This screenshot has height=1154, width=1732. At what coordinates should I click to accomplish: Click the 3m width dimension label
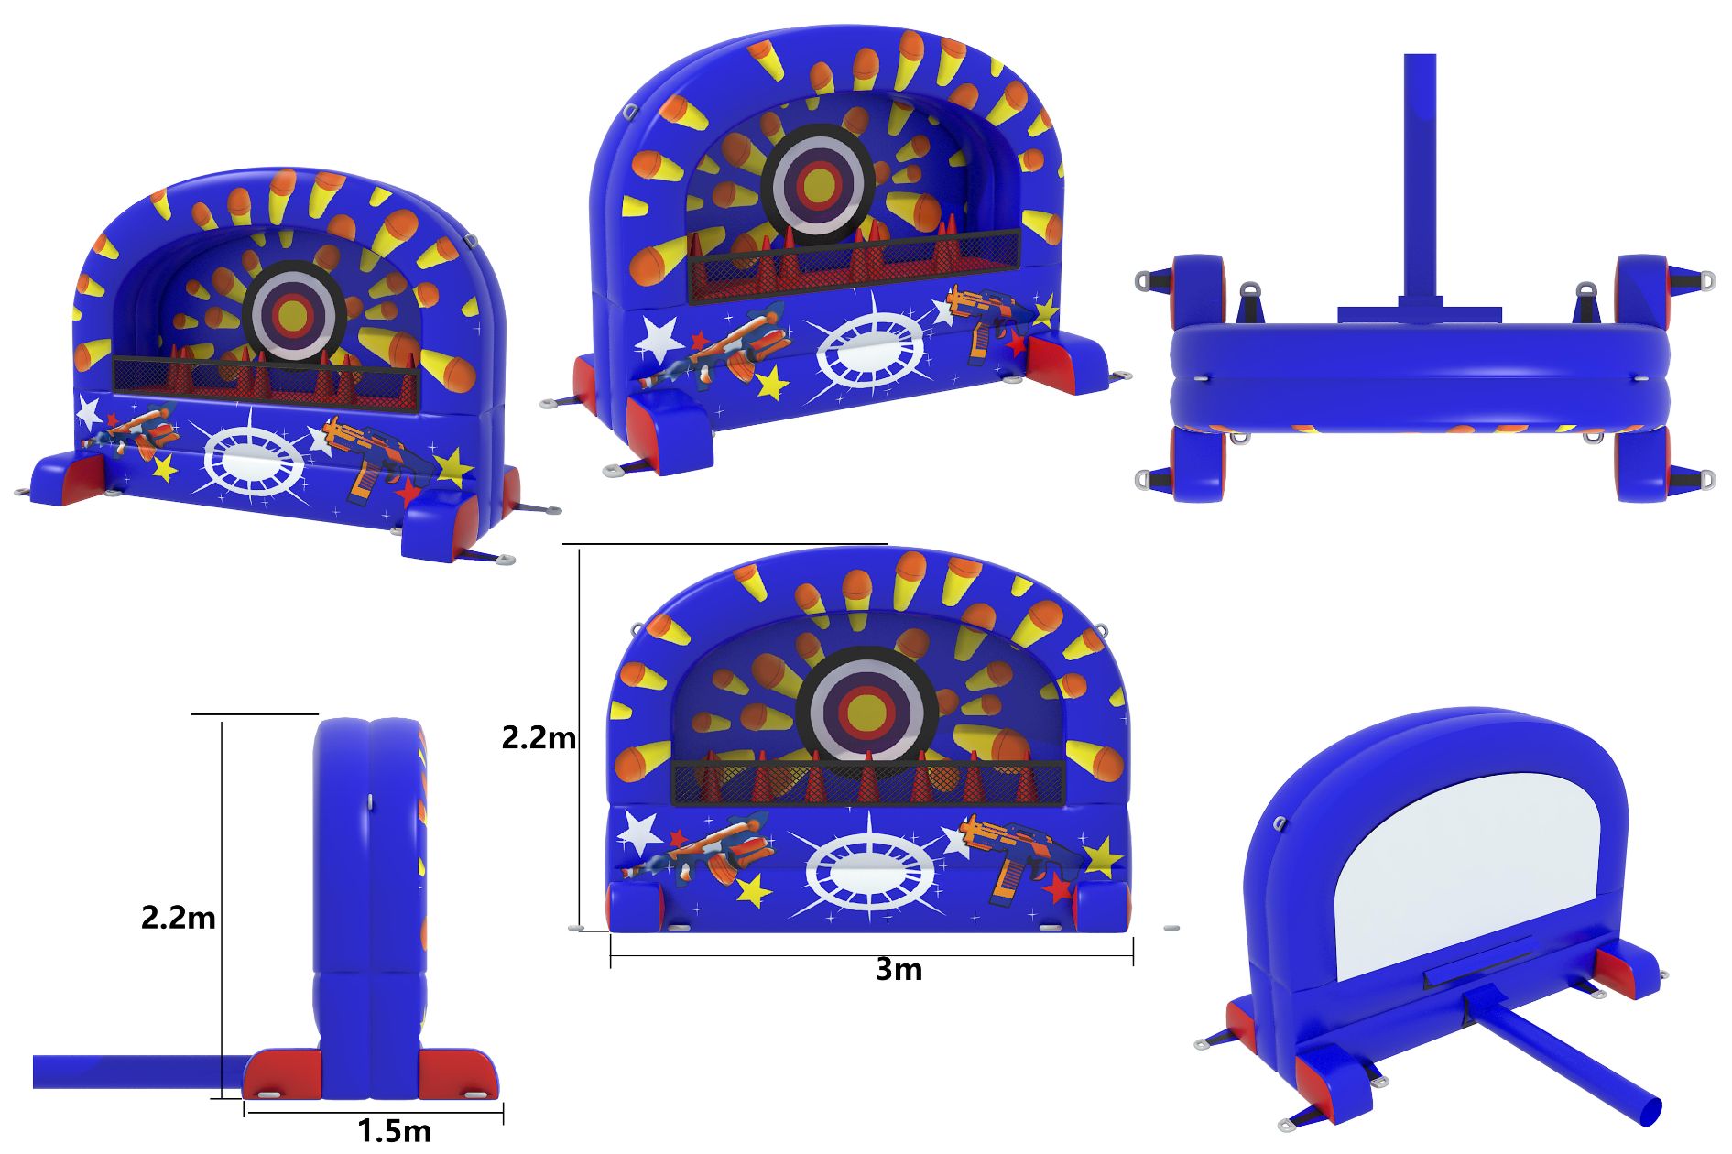click(899, 969)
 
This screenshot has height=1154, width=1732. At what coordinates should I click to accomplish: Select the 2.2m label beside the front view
click(539, 737)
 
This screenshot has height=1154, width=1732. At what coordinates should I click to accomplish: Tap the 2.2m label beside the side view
click(178, 917)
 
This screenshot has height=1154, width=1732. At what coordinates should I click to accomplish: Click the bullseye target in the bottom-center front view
click(866, 711)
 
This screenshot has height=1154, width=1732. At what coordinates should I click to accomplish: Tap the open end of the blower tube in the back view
click(1647, 1112)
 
